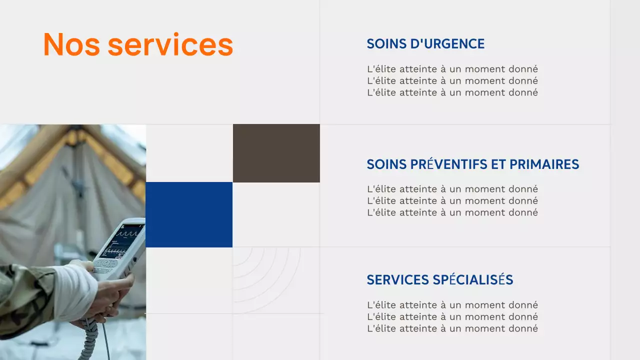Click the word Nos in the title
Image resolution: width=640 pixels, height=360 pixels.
70,44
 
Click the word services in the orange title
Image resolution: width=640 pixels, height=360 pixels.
170,44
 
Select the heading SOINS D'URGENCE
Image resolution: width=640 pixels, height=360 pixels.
425,44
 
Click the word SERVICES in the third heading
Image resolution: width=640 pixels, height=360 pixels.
398,280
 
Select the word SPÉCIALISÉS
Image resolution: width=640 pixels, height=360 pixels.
473,280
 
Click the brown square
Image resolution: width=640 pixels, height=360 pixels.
276,153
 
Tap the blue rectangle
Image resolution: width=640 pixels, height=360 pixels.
189,214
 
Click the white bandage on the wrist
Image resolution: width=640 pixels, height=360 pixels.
75,290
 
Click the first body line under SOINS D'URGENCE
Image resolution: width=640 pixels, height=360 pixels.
452,69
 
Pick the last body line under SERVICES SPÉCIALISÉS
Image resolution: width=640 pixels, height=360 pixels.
452,328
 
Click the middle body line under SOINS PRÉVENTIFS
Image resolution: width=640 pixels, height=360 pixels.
452,201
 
